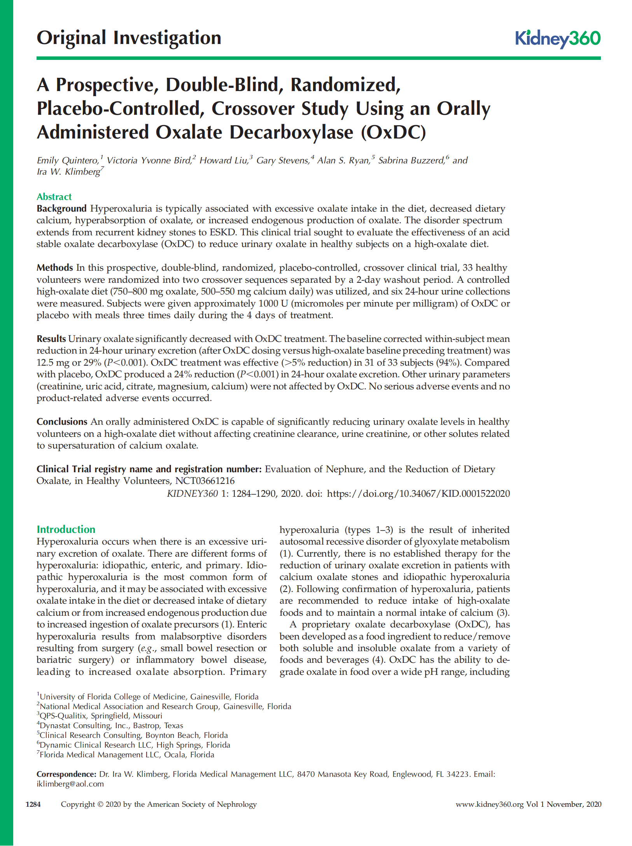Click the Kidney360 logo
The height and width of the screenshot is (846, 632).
[x=557, y=39]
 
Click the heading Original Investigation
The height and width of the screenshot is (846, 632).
[x=129, y=38]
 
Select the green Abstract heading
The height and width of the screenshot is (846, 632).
[x=54, y=197]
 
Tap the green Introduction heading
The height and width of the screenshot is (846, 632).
[x=66, y=529]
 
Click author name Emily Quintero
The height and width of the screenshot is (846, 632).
[x=68, y=161]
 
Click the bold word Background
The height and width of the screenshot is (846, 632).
[x=61, y=209]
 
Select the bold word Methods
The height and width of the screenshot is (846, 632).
[x=55, y=268]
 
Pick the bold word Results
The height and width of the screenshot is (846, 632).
[x=51, y=339]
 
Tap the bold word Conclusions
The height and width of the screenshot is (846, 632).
[x=62, y=422]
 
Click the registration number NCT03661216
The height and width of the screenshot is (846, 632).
[x=205, y=481]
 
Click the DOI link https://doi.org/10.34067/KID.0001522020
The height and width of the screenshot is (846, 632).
[x=418, y=494]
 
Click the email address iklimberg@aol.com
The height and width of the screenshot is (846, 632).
[x=70, y=784]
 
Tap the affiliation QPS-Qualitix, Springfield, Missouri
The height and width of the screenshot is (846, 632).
[x=101, y=716]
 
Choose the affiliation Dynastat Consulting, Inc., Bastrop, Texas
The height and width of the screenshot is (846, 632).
[x=111, y=725]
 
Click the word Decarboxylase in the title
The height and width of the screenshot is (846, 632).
[x=291, y=132]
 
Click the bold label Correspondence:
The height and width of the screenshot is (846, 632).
[x=66, y=774]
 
